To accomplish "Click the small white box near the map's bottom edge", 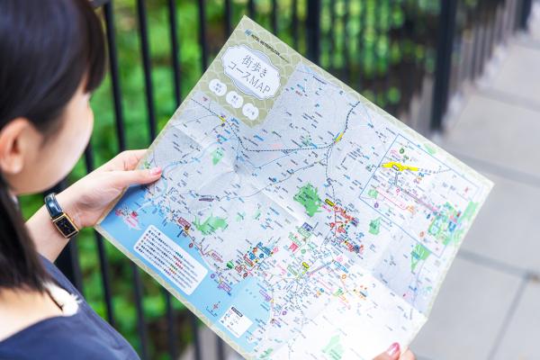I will coord(236,320).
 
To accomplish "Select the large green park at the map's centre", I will coord(308,198).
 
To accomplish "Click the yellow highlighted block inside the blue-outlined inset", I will coord(399,166).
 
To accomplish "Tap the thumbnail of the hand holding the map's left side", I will coord(156,171).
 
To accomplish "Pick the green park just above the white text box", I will coord(209,225).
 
